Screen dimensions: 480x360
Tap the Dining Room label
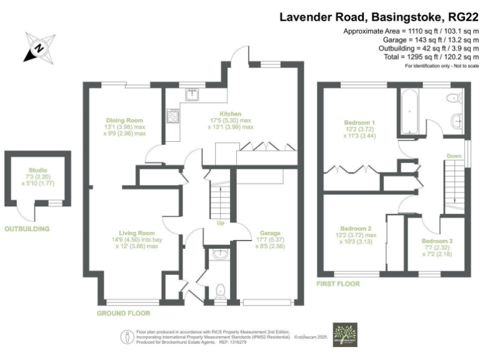click(125, 120)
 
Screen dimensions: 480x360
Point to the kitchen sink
click(192, 95)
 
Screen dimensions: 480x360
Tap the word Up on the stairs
click(220, 224)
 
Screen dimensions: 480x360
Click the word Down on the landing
click(453, 156)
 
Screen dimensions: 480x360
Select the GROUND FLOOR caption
click(123, 312)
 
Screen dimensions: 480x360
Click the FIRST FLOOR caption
click(339, 284)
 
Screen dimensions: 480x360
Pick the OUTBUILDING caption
click(27, 229)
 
